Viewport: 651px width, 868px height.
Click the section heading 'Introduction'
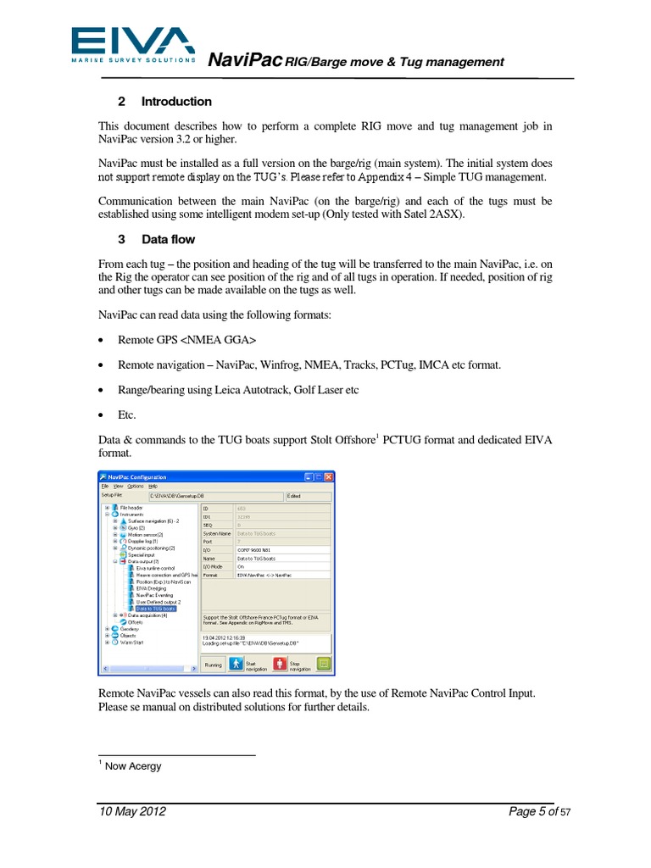tap(176, 102)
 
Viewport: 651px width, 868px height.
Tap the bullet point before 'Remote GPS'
tap(102, 341)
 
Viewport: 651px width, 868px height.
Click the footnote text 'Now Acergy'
tap(133, 766)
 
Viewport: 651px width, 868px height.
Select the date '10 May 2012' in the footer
tap(132, 812)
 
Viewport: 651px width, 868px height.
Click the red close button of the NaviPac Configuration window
tap(330, 477)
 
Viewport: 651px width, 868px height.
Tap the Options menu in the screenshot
tap(136, 487)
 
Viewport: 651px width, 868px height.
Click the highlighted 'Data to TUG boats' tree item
tap(156, 609)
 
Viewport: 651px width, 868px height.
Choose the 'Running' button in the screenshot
tap(214, 665)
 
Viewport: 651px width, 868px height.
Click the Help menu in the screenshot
tap(153, 487)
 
